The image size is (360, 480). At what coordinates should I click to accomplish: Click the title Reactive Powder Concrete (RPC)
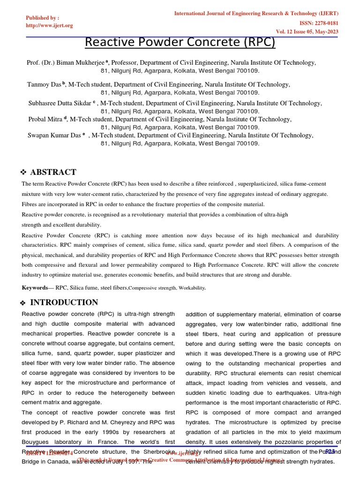click(x=180, y=42)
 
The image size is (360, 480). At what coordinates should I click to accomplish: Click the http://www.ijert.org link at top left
click(x=49, y=25)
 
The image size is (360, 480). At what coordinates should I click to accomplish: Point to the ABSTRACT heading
click(x=53, y=172)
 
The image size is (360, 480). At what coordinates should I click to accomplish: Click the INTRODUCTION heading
click(x=64, y=302)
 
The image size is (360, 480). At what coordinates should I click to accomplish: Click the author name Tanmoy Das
click(x=44, y=85)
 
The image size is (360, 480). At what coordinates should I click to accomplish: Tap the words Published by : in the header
click(x=42, y=18)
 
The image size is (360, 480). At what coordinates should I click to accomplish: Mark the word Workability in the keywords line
click(x=190, y=288)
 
